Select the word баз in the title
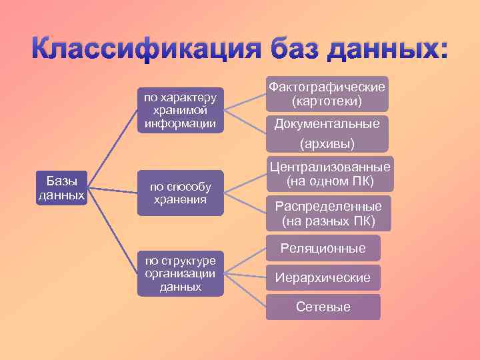(288, 50)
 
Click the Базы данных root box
(61, 188)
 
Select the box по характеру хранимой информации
(180, 110)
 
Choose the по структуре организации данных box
(180, 273)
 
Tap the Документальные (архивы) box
(327, 133)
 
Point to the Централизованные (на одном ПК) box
(329, 174)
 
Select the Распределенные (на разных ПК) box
(329, 213)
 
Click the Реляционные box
(323, 249)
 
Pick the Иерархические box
(323, 278)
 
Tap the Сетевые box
(323, 307)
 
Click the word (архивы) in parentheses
(327, 143)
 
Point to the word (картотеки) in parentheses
(327, 102)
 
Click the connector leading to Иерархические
(245, 275)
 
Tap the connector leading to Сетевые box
(245, 290)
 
